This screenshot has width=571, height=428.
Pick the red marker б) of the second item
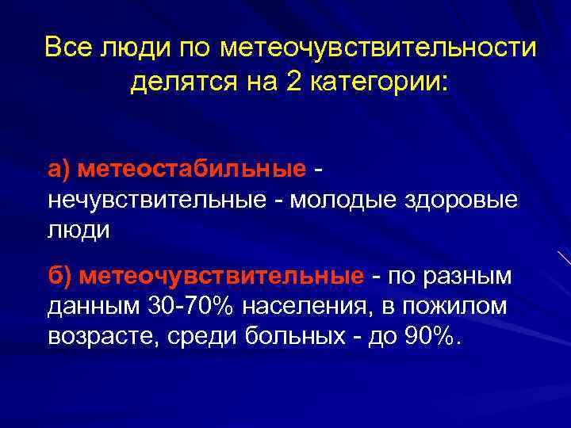[61, 277]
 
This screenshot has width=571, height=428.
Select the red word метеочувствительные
[222, 277]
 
